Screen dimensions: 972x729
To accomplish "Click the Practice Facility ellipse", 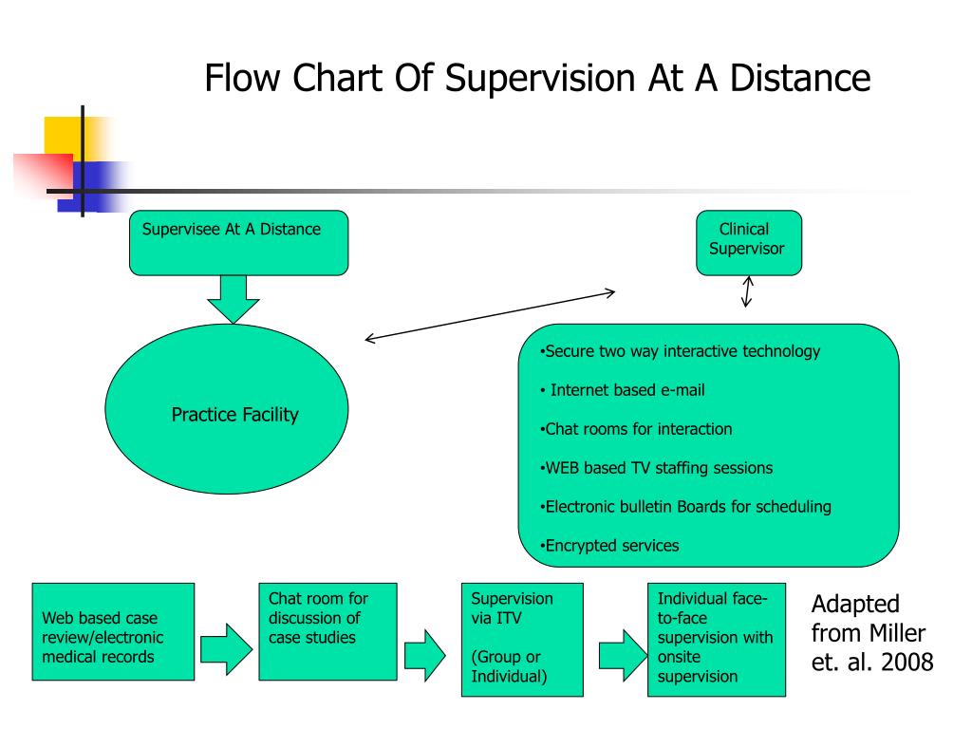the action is tap(227, 409).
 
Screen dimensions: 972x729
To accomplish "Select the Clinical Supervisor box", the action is tap(749, 242).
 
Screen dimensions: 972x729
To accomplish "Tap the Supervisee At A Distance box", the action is tap(238, 242).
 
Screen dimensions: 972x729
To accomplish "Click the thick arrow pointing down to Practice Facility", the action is tap(234, 299).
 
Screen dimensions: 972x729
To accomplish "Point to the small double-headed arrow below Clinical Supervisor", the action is tap(747, 291).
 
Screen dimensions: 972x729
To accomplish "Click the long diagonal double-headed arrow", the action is tap(490, 315).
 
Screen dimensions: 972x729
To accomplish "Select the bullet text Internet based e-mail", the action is tap(623, 390).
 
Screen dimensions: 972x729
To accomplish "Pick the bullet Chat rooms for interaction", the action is tap(636, 429).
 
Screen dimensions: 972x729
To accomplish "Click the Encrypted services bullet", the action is tap(609, 546).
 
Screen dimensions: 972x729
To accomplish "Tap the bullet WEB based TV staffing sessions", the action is tap(656, 468).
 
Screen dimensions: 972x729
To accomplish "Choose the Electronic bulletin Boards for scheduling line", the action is tap(685, 507).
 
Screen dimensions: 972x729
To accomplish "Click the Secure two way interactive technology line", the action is tap(680, 351).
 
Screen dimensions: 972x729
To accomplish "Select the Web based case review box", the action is tap(114, 631).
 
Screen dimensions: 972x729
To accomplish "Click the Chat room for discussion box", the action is tap(327, 631).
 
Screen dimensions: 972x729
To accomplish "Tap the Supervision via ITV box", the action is tap(523, 640).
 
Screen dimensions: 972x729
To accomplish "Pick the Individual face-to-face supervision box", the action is tap(717, 640).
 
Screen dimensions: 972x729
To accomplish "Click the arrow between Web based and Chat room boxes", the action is tap(227, 649).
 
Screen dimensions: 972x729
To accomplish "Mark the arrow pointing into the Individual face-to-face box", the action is tap(623, 655).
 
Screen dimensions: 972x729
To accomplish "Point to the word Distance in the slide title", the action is tap(800, 78).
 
